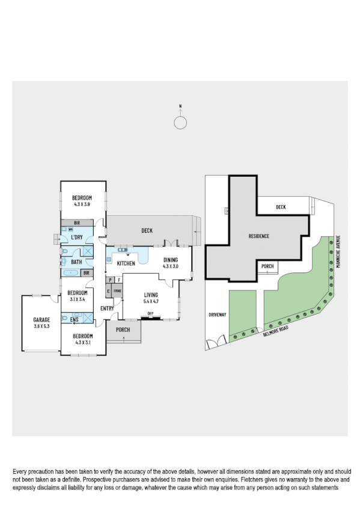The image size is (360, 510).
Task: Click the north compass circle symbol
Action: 180,123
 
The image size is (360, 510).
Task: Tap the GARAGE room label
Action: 41,319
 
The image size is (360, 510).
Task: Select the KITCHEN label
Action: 126,263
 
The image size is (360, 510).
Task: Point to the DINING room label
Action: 171,260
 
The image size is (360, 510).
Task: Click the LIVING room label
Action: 150,295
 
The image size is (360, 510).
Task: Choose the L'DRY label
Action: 76,238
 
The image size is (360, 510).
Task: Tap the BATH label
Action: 76,262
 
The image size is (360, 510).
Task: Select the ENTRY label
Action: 108,309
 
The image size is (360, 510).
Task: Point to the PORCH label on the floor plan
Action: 123,330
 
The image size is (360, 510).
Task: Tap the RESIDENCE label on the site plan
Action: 259,236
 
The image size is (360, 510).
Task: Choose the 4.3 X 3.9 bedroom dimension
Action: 82,204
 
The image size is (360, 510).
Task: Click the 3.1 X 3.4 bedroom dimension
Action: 78,299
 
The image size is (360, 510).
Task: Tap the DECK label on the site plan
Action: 281,207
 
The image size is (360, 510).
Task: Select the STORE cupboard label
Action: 117,291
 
